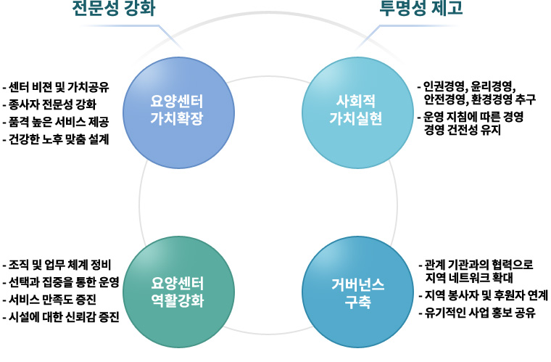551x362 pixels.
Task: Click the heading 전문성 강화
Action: point(115,9)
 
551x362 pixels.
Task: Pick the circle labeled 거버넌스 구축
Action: point(350,290)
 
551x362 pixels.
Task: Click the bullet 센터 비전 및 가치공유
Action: point(58,88)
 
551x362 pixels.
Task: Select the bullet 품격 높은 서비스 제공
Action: point(58,121)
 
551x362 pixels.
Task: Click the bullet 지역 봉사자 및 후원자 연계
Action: point(486,296)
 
